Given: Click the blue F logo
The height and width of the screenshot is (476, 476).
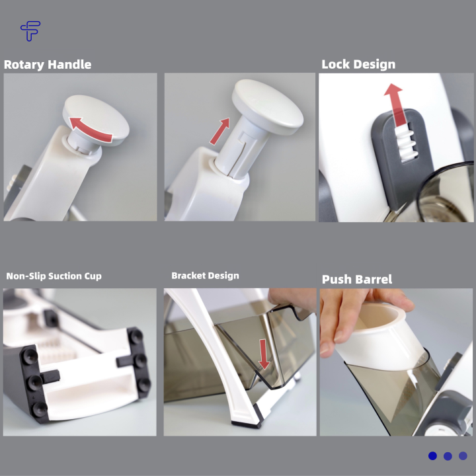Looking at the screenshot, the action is point(30,30).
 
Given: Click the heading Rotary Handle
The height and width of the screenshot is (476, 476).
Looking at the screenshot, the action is point(48,65).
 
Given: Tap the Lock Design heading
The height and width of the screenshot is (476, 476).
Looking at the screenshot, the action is point(358,64).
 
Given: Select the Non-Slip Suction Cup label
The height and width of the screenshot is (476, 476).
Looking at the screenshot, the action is point(54,276).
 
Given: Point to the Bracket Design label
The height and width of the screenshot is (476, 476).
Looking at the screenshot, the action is point(205,276).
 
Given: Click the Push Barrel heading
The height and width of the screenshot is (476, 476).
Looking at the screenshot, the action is point(357,279).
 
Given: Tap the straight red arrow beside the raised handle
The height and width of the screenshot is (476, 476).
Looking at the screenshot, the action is point(219,131).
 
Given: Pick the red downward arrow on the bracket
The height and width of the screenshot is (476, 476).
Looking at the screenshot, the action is point(264,354).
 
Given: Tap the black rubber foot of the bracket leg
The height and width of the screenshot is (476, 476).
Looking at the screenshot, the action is point(247,424).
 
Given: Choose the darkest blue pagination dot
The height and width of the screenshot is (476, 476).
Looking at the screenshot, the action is point(432,456).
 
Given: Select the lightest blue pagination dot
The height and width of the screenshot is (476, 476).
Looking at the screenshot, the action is point(463,456).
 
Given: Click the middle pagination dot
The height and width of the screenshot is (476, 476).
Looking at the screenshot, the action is point(448,456).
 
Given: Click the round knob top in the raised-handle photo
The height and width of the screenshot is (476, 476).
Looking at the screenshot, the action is point(268,107).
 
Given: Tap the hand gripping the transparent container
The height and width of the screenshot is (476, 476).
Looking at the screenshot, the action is point(292,299).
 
